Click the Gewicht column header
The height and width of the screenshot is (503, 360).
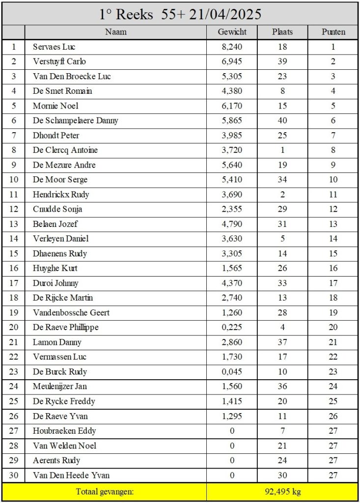pos(232,32)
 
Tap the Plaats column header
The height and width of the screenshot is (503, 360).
pos(282,32)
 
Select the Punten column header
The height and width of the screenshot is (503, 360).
pos(333,32)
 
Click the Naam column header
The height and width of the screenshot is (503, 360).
pos(116,32)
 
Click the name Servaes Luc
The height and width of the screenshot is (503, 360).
pos(54,47)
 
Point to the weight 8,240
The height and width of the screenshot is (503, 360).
pos(232,47)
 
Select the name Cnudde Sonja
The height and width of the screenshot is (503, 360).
pos(57,209)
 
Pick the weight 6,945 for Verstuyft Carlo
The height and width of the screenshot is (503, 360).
pos(232,62)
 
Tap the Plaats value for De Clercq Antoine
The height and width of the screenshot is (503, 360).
pos(282,150)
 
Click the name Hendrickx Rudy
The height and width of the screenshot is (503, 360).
pos(61,195)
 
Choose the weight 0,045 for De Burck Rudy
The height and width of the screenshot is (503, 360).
pos(232,372)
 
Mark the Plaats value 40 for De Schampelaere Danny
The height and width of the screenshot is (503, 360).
pos(282,121)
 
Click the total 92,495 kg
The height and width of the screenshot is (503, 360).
pos(282,492)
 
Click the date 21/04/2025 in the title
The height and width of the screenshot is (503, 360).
pos(229,14)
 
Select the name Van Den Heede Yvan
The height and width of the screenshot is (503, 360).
pos(71,475)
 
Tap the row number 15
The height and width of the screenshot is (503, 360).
pos(14,253)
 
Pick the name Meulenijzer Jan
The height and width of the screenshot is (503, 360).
pos(60,387)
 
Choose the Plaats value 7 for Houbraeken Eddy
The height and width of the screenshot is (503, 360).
pos(282,431)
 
